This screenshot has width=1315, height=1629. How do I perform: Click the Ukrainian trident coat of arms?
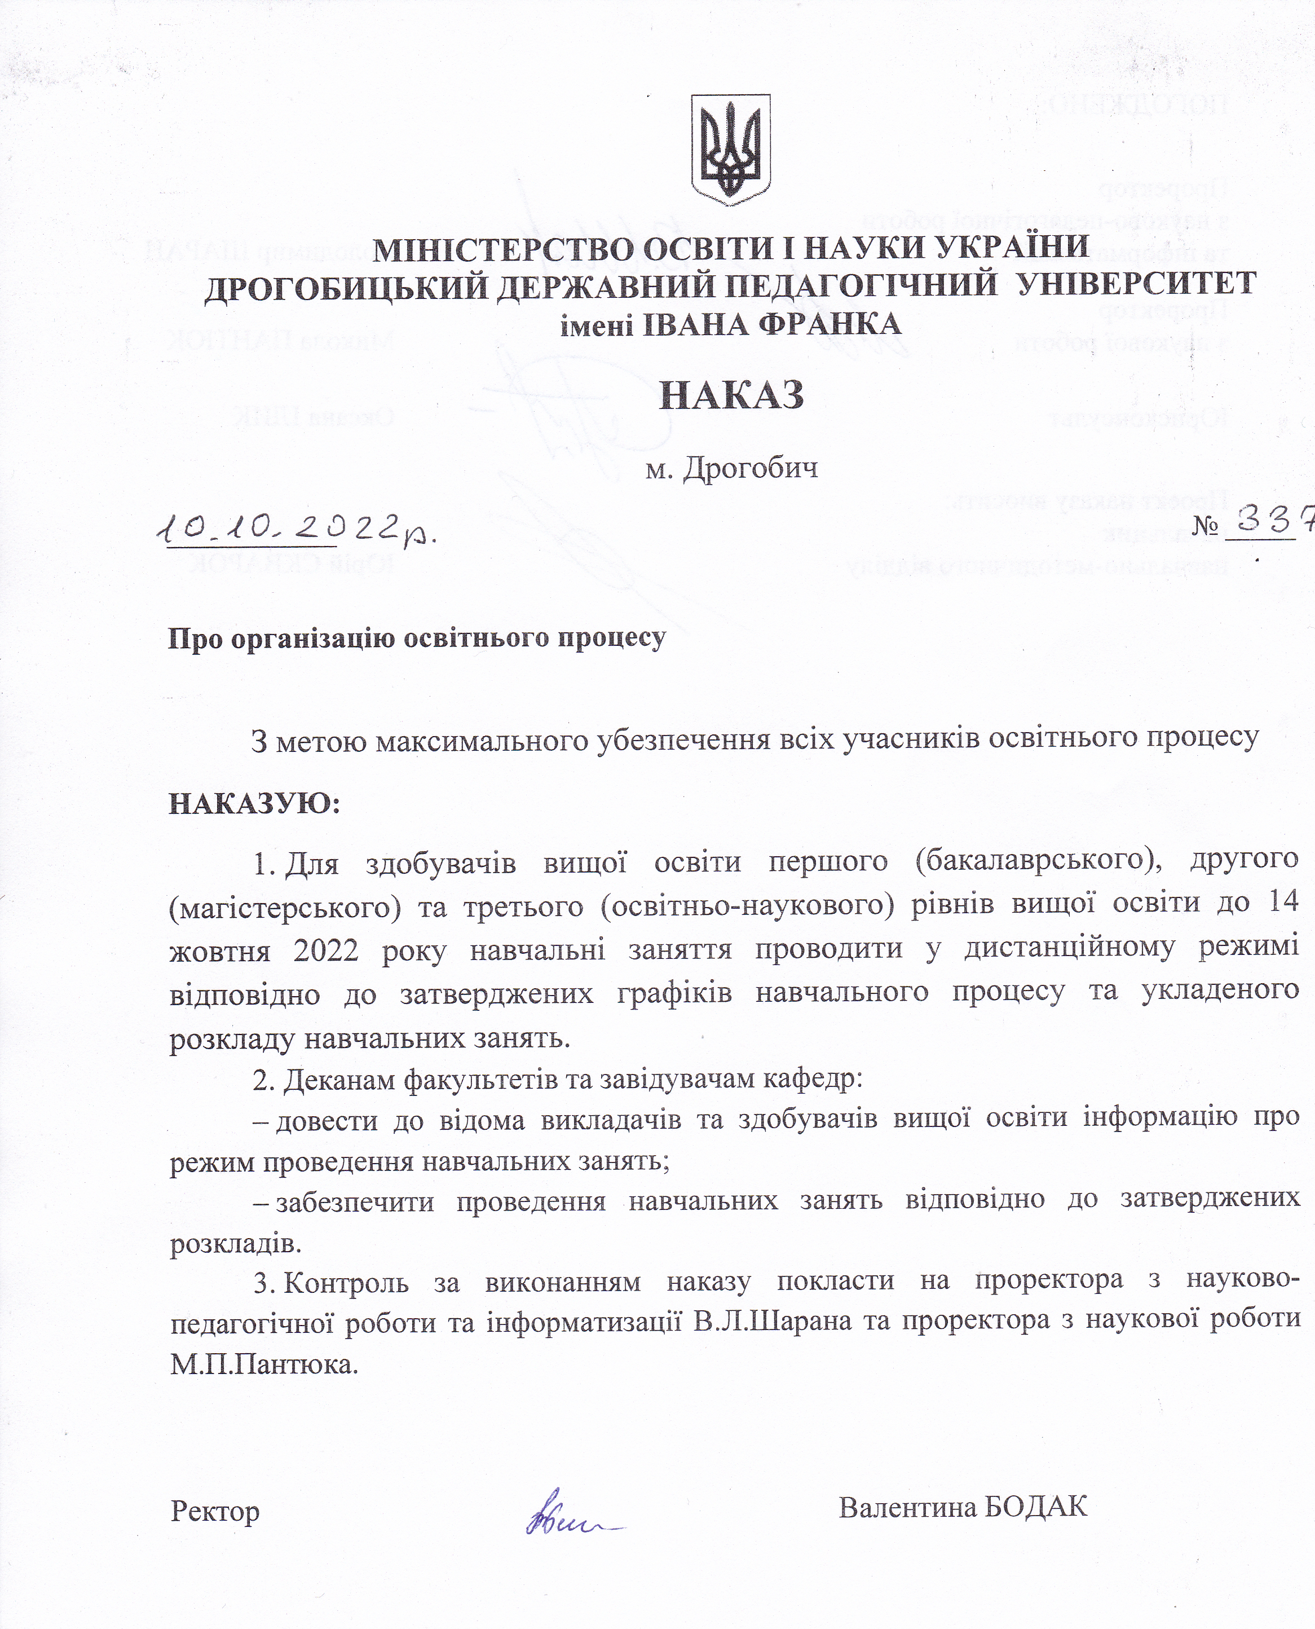click(731, 149)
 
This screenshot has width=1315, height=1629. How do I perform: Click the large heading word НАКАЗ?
click(731, 395)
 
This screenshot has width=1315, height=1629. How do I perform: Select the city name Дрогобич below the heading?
click(750, 468)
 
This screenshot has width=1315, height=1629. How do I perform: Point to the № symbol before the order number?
click(1204, 525)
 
